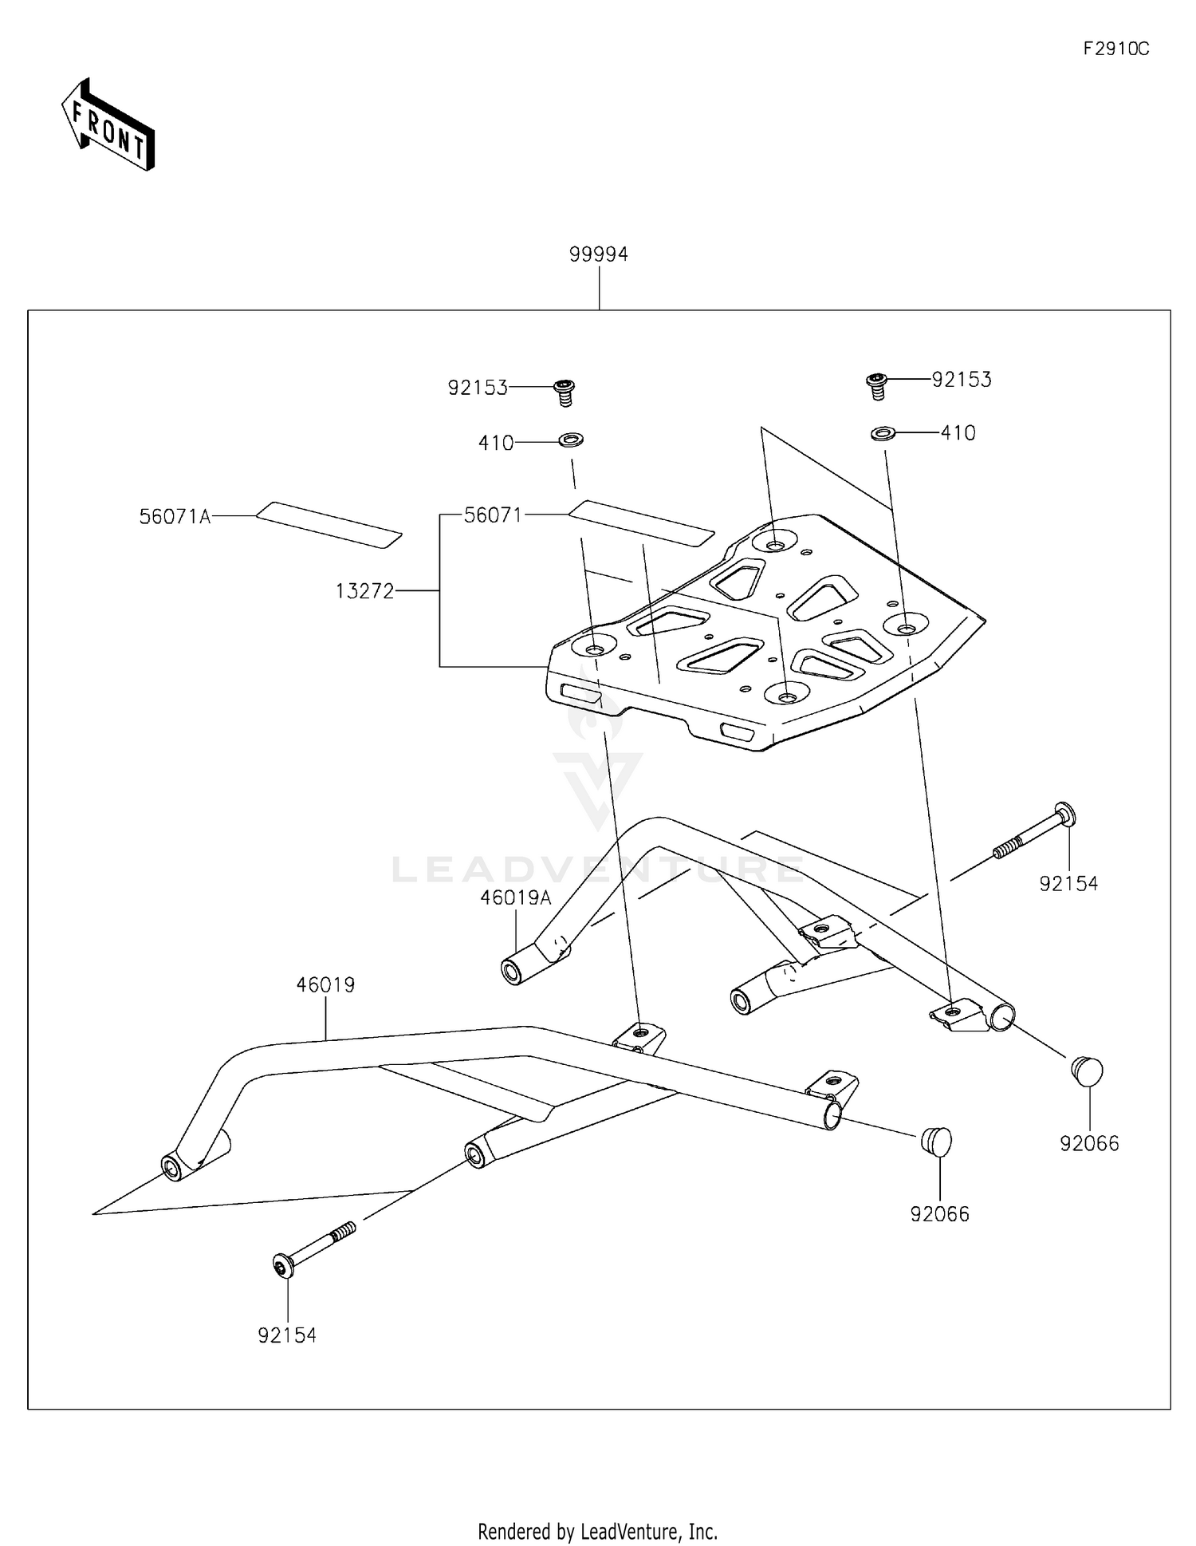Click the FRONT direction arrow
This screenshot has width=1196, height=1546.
pyautogui.click(x=108, y=125)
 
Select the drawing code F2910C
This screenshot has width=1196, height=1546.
pyautogui.click(x=1115, y=49)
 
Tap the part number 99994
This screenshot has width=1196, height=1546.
pyautogui.click(x=598, y=254)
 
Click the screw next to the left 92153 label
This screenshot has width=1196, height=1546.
pyautogui.click(x=565, y=392)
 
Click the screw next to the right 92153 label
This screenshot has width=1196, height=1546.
pyautogui.click(x=876, y=385)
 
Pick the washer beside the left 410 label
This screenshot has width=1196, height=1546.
pyautogui.click(x=571, y=440)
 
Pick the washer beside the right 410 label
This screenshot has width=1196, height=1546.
pyautogui.click(x=882, y=433)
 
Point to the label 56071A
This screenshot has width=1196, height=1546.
pyautogui.click(x=175, y=517)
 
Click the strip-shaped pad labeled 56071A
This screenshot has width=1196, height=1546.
pyautogui.click(x=329, y=524)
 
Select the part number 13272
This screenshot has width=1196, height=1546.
pyautogui.click(x=364, y=591)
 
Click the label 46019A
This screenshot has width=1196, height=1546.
pyautogui.click(x=515, y=898)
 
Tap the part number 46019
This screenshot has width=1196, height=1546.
pyautogui.click(x=325, y=985)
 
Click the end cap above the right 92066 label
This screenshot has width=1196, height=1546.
pyautogui.click(x=1087, y=1071)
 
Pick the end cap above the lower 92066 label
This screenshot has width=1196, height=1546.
pyautogui.click(x=937, y=1140)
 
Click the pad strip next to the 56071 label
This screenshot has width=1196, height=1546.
pyautogui.click(x=642, y=523)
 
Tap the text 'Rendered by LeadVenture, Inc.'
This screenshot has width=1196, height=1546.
pyautogui.click(x=597, y=1531)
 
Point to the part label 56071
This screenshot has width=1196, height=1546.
pyautogui.click(x=493, y=515)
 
